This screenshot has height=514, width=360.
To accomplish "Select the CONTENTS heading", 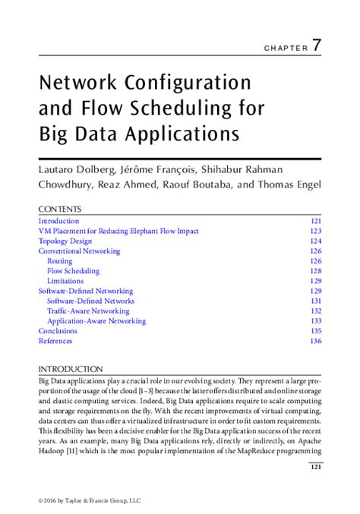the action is (60, 210).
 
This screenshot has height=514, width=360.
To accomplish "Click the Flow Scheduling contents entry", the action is (73, 271).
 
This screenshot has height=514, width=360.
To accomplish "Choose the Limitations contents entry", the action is (65, 281).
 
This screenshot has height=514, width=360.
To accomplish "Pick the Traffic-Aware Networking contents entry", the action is (88, 311).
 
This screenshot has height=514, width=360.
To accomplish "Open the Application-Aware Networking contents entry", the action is (96, 321).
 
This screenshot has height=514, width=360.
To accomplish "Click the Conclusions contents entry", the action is (58, 331).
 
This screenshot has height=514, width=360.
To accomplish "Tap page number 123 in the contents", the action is (316, 231).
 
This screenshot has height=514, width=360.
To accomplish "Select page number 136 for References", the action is (316, 341).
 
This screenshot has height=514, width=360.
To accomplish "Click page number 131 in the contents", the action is (316, 301).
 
